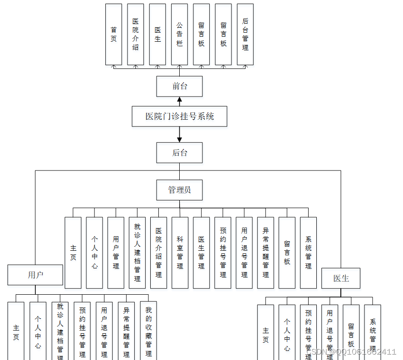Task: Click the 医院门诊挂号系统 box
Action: [179, 117]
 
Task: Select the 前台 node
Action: [179, 86]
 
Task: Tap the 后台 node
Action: [179, 153]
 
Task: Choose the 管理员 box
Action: [179, 190]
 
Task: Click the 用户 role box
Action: [35, 275]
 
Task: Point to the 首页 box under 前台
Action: [113, 34]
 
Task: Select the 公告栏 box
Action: [179, 34]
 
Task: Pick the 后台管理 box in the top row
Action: [245, 34]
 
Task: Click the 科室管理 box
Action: [180, 253]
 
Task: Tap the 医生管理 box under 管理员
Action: [201, 253]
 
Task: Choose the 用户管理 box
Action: [116, 253]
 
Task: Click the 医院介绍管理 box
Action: [158, 253]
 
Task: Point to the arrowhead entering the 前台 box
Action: [179, 100]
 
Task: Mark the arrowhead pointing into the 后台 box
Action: [179, 139]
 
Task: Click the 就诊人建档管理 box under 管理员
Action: [137, 253]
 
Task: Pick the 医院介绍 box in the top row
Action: [135, 34]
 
